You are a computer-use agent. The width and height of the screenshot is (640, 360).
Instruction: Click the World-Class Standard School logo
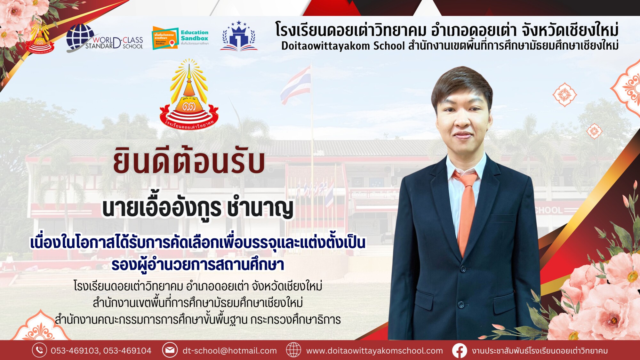(104, 38)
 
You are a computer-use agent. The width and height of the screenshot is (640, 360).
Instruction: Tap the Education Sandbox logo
(180, 38)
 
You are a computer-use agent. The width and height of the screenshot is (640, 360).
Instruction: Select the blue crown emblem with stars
(239, 36)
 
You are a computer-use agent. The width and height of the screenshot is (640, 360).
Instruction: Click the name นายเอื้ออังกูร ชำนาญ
(197, 208)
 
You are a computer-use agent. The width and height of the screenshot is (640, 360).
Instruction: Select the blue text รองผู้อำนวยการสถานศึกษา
(197, 265)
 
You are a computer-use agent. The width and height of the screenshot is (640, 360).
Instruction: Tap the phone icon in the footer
(39, 350)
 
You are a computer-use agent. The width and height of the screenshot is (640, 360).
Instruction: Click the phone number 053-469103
(75, 351)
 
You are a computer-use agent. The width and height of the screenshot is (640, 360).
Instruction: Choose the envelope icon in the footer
(170, 350)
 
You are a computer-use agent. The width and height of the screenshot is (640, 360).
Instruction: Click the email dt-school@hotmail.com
(229, 351)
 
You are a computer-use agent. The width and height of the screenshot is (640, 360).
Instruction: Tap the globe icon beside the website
(293, 350)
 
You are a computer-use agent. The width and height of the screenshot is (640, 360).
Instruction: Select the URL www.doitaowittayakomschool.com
(374, 351)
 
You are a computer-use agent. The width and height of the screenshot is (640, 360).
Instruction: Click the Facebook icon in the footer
(459, 350)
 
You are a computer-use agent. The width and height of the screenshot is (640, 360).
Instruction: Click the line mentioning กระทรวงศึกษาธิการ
(197, 320)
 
